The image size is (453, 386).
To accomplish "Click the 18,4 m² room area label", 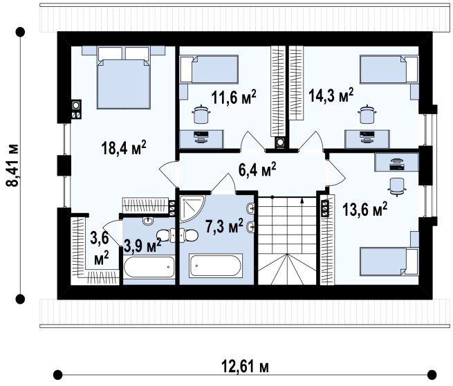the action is (x=124, y=147).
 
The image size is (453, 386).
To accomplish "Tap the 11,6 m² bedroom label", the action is (x=234, y=97).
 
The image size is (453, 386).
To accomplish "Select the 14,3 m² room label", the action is (x=331, y=95).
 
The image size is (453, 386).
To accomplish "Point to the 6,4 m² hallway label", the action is (x=257, y=169).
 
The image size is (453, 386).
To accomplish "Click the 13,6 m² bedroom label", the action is (x=364, y=209).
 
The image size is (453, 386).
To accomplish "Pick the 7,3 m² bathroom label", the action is (x=224, y=226).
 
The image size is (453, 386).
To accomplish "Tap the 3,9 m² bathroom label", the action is (x=142, y=246).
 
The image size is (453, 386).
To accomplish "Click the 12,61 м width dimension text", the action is (x=245, y=367).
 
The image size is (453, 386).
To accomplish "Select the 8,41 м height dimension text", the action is (x=12, y=165).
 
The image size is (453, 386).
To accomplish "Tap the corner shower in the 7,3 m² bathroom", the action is (x=192, y=208).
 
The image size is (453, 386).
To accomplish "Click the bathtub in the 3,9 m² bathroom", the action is (x=149, y=267).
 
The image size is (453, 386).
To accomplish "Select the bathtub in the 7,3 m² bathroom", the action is (x=216, y=266).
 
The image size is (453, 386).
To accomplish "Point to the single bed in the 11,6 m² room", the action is (x=209, y=69).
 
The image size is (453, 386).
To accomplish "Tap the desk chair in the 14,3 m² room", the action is (x=367, y=114).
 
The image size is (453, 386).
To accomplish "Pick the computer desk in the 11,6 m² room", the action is (x=201, y=140).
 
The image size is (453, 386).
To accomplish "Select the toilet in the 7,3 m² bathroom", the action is (x=190, y=235).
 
